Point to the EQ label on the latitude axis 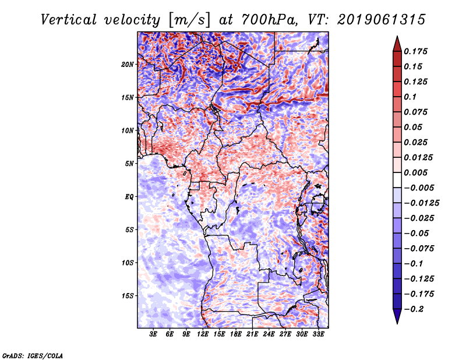coord(130,196)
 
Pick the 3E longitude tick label coord(154,334)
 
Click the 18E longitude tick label coord(236,334)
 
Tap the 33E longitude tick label coord(318,334)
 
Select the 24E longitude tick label coord(269,334)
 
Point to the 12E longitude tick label coord(203,334)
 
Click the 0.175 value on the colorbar coord(416,51)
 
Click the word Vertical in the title coord(68,20)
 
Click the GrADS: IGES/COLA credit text coord(33,355)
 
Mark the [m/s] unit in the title coord(188,20)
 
